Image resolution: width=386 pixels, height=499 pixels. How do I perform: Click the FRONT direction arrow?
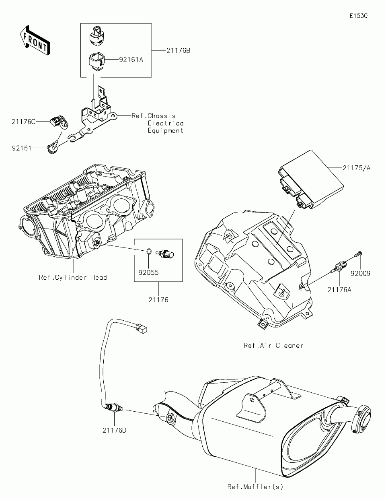35,40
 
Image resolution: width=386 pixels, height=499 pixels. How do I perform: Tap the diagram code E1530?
359,16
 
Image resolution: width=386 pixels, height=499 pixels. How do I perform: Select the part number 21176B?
178,51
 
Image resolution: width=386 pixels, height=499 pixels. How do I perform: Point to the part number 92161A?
131,60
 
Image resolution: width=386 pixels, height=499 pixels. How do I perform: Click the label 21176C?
24,122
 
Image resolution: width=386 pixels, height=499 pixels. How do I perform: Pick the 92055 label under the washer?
149,272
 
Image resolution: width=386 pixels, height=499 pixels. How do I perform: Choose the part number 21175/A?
356,168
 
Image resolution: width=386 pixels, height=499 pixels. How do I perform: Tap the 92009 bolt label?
360,273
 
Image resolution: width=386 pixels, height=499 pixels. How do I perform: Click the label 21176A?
339,290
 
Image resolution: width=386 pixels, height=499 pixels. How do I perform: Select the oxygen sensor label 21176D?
115,430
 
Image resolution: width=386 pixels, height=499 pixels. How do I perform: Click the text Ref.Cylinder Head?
73,278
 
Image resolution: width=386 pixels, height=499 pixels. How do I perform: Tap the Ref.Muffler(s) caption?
255,487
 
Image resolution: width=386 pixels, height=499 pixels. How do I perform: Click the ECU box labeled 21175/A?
311,179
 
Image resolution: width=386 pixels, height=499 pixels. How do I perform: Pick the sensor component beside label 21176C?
59,122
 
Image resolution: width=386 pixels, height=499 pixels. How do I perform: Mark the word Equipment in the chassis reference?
165,131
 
